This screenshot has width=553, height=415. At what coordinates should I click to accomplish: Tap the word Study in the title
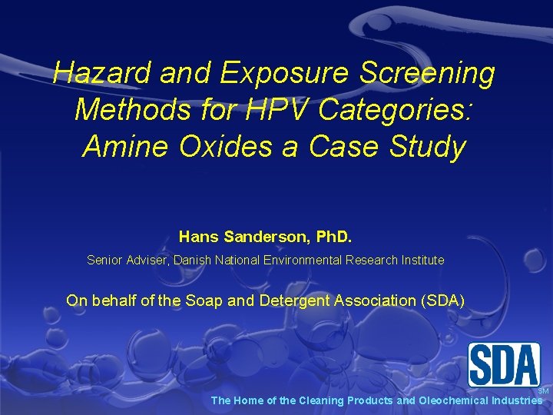click(x=426, y=146)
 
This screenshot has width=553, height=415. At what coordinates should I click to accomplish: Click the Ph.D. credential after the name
click(x=329, y=236)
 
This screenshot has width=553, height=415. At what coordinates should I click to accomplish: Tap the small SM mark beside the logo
click(x=543, y=391)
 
